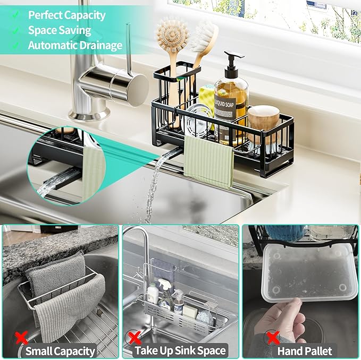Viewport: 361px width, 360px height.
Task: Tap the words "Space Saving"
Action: [x=60, y=30]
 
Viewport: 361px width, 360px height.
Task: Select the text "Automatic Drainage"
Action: [x=75, y=46]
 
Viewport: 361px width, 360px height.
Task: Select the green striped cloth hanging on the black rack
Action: [x=208, y=160]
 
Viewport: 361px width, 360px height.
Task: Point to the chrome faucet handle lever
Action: [x=128, y=45]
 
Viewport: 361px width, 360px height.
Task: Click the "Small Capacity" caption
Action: [x=60, y=350]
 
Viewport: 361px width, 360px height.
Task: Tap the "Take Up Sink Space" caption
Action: [x=180, y=350]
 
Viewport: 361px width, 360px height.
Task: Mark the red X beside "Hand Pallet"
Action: [x=273, y=337]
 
